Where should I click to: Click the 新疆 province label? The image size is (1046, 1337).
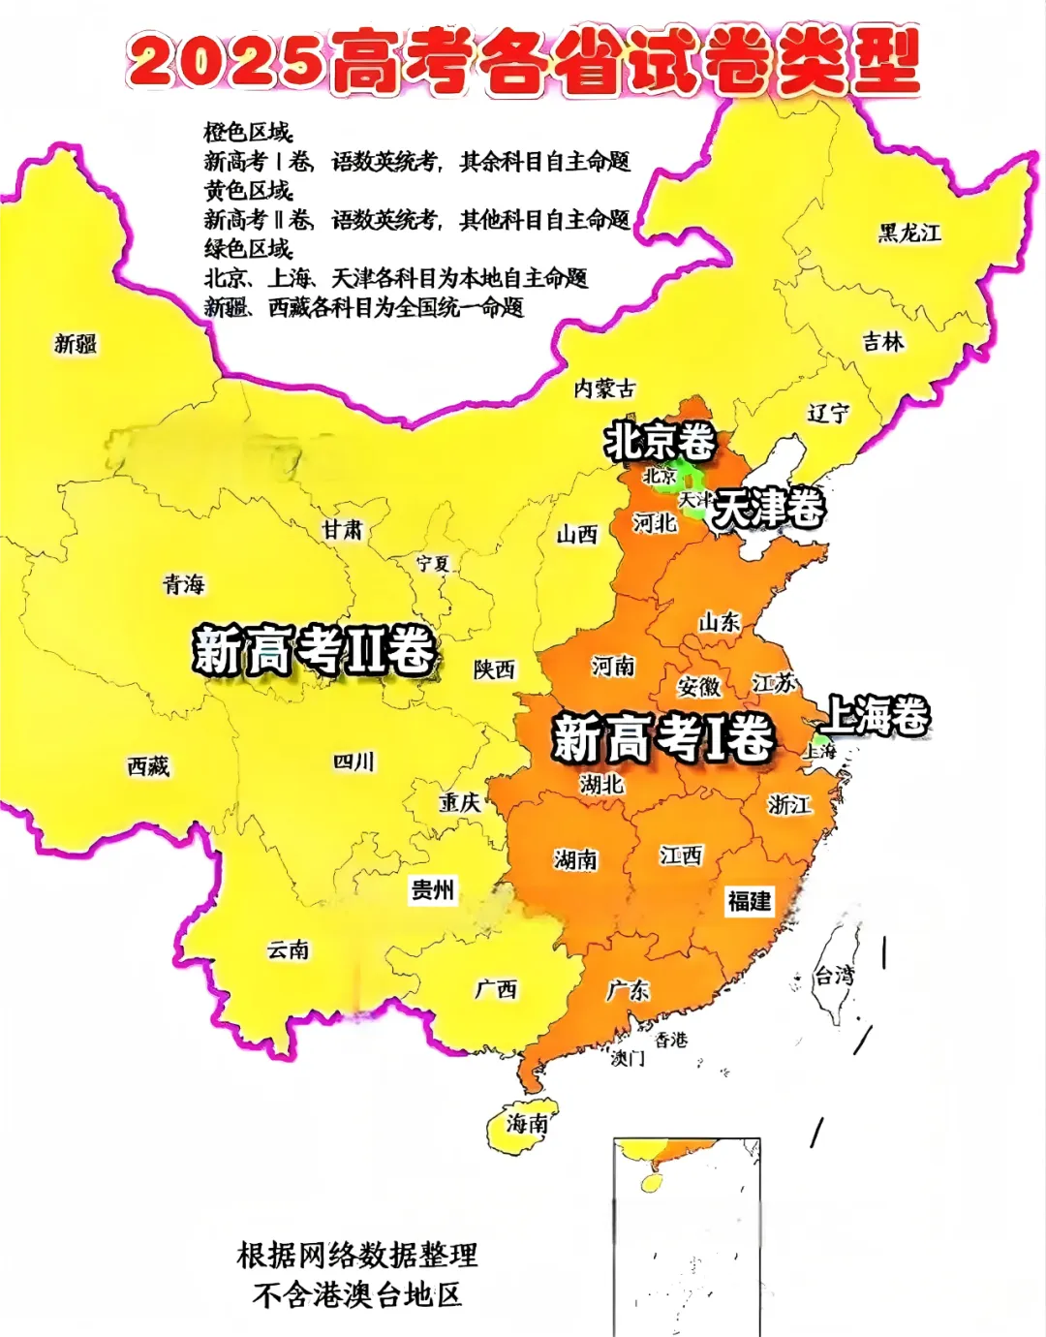click(x=76, y=344)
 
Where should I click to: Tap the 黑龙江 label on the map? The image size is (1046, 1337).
click(x=909, y=233)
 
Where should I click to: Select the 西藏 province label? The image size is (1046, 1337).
click(x=148, y=766)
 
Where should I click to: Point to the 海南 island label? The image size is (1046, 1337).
click(x=528, y=1123)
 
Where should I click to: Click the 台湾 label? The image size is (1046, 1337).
click(x=834, y=976)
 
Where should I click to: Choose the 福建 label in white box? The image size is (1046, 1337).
click(x=750, y=901)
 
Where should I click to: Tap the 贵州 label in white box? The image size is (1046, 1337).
click(x=432, y=889)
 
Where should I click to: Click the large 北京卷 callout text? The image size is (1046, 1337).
click(x=660, y=442)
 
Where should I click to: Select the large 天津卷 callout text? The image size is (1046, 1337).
click(x=769, y=508)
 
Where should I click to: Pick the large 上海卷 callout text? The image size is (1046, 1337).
click(x=875, y=716)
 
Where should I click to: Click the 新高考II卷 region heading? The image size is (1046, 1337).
click(x=313, y=649)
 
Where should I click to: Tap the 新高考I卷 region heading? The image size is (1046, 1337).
click(x=662, y=738)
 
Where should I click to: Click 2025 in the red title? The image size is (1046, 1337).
click(x=225, y=60)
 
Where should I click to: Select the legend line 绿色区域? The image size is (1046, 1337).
click(x=248, y=249)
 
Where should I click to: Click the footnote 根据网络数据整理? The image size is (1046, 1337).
click(x=357, y=1256)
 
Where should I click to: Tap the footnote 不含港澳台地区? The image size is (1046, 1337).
click(x=357, y=1294)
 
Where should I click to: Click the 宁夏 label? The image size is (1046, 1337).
click(x=433, y=564)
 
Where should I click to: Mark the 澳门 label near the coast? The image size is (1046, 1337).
click(x=627, y=1059)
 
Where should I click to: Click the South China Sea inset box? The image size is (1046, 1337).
click(x=687, y=1235)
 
